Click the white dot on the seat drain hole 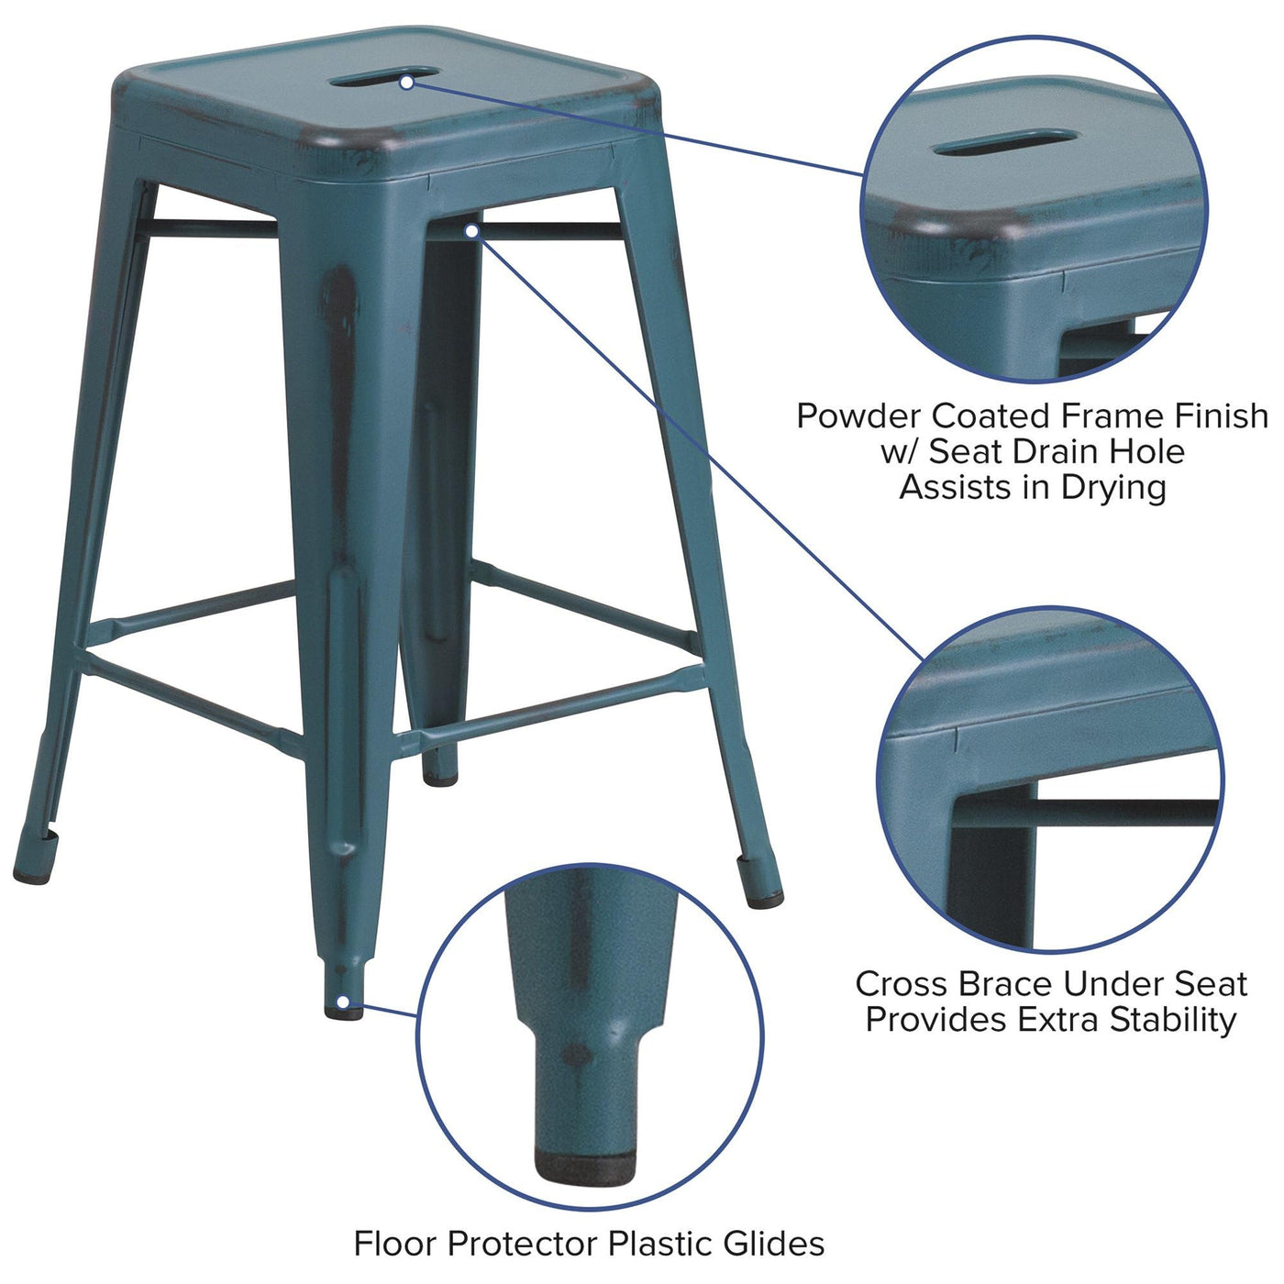tap(407, 83)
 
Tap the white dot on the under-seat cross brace tap(471, 231)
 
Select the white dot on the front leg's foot tap(342, 1002)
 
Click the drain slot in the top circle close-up tap(1005, 142)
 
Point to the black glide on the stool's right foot tap(765, 902)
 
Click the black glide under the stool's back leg tap(440, 779)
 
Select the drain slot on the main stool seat tap(383, 76)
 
